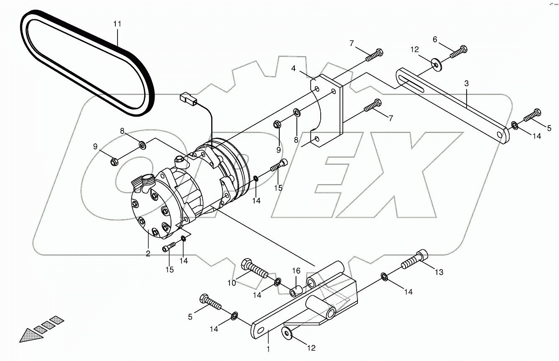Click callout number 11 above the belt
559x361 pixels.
(x=117, y=24)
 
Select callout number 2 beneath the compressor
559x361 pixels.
(x=148, y=253)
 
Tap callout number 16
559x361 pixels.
(x=296, y=271)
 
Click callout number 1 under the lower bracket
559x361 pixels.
(x=268, y=348)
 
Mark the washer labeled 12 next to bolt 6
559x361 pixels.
(x=436, y=64)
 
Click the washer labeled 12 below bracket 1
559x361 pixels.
(x=287, y=333)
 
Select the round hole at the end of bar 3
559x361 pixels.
(x=500, y=135)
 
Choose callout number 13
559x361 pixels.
(x=439, y=272)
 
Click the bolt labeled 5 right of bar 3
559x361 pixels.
(x=531, y=115)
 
